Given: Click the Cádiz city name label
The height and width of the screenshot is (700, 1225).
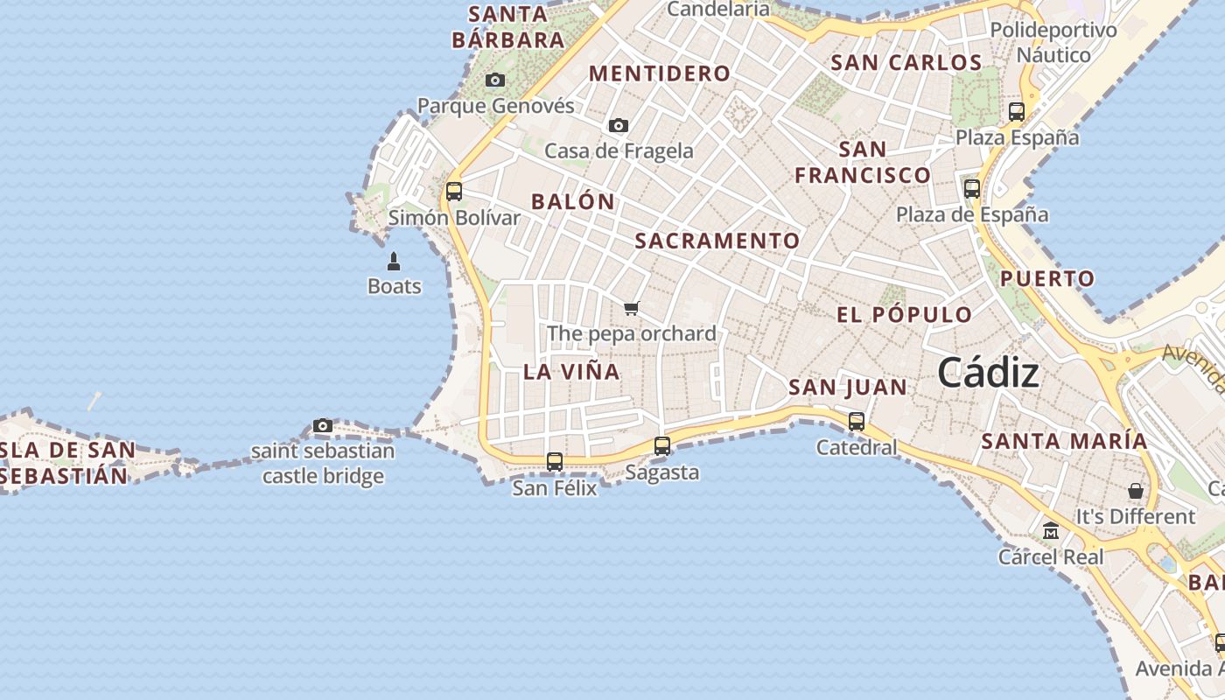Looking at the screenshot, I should coord(988,374).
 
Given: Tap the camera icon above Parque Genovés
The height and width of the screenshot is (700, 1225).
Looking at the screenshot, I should coord(495,80).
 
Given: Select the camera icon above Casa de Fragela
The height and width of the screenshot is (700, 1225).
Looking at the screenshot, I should coord(619,125).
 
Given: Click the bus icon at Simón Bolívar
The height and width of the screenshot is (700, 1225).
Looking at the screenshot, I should coord(453,191).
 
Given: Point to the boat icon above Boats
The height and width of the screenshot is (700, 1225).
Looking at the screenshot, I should coord(394,261).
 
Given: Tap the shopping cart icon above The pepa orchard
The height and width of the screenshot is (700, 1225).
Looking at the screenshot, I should coord(632,308).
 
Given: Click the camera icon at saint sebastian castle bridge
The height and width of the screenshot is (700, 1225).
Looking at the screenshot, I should coord(323,426).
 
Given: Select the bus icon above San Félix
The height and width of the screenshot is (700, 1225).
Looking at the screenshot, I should coord(555,461).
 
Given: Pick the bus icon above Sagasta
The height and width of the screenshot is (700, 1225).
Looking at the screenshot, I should coord(662,446).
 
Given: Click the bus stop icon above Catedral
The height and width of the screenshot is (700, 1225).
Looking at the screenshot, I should coord(857,421).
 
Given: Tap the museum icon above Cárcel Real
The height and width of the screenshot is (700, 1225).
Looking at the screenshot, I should coord(1051,531).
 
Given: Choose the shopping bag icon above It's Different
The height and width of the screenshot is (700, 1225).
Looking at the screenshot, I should coord(1135,491).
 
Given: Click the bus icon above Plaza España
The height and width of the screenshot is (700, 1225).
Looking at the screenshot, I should coord(1017,112).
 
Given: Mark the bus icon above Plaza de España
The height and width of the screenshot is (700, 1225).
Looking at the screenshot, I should coord(972,188).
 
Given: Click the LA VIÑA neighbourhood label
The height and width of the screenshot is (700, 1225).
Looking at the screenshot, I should coord(571,371).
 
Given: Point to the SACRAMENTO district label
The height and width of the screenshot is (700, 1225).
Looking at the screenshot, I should coord(717,241).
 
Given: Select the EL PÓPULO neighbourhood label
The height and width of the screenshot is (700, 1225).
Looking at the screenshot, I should coord(904,315).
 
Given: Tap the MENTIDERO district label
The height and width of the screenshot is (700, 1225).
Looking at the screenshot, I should coord(660,73).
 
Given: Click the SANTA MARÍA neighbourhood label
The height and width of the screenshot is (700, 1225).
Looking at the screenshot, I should coord(1063,441).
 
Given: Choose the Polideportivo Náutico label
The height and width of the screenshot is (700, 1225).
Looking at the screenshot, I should coord(1053,43).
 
